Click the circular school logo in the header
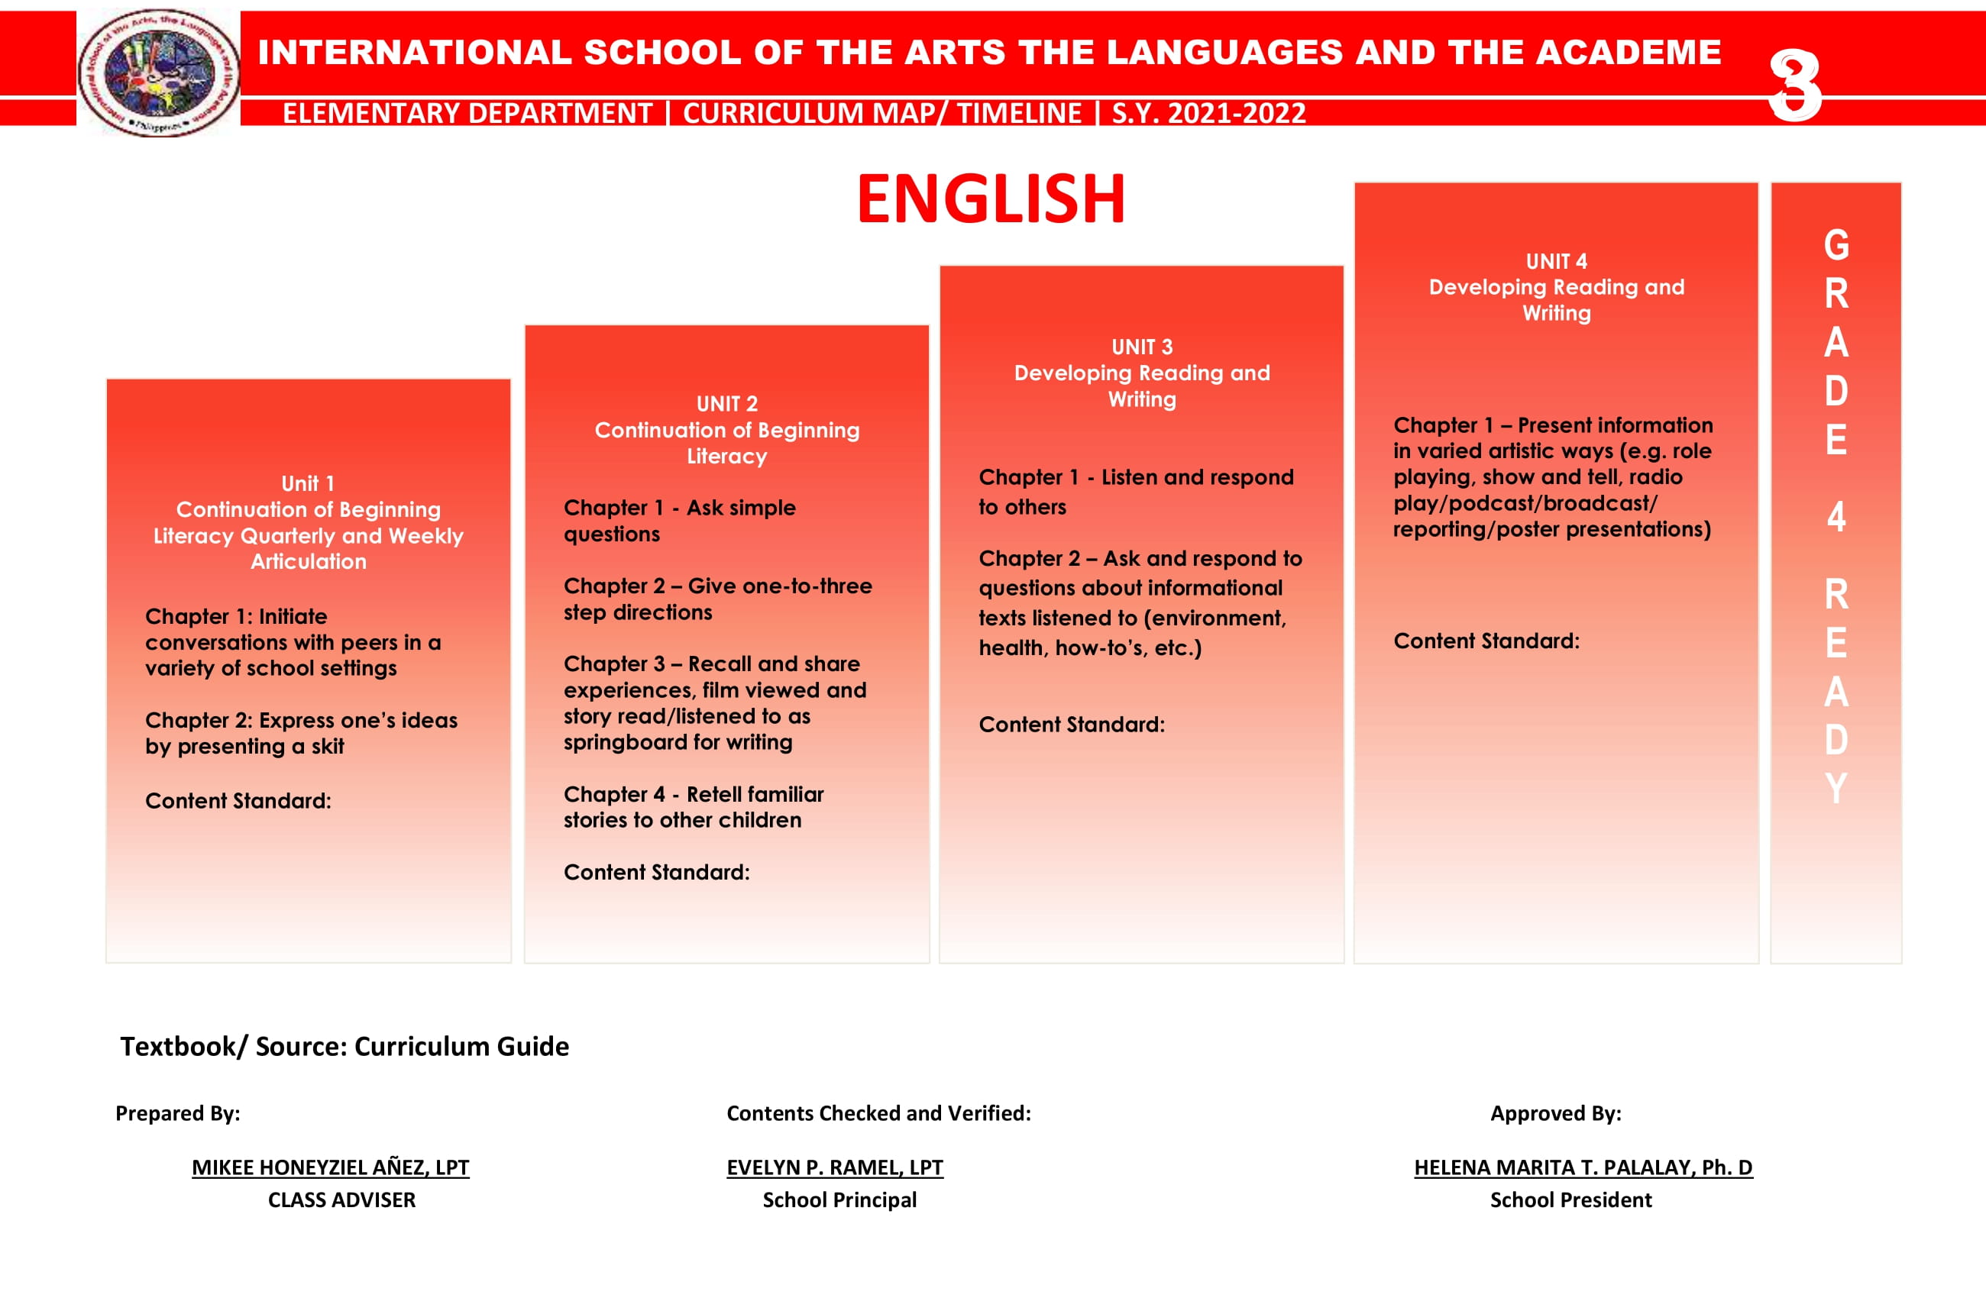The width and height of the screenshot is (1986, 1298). [x=159, y=72]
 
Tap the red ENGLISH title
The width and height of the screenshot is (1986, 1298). [x=991, y=199]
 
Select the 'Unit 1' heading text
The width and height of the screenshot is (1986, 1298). [x=308, y=484]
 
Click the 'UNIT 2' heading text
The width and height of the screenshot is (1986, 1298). [x=727, y=405]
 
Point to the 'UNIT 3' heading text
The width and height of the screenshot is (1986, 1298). [x=1141, y=347]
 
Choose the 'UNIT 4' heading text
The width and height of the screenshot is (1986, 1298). [x=1556, y=262]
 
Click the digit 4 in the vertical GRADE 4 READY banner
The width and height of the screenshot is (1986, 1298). [x=1836, y=517]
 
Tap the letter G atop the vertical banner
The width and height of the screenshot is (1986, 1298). [x=1836, y=245]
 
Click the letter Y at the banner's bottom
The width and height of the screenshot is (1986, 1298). [x=1836, y=788]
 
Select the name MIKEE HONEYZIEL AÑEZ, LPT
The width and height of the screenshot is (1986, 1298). [x=331, y=1167]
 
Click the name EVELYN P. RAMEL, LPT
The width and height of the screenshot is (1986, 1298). [x=834, y=1167]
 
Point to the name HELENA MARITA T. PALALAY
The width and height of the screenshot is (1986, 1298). [x=1583, y=1167]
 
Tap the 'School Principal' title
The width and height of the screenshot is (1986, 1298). [x=839, y=1200]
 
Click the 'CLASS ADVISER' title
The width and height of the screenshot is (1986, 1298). [x=341, y=1200]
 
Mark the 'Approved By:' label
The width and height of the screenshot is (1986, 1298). [x=1555, y=1112]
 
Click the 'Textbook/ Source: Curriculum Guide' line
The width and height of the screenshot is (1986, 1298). [x=344, y=1046]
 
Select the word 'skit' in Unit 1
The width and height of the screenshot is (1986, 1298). [x=327, y=747]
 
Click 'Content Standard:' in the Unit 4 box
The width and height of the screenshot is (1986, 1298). [x=1486, y=641]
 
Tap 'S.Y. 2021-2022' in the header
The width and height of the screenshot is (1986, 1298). [x=1208, y=112]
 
